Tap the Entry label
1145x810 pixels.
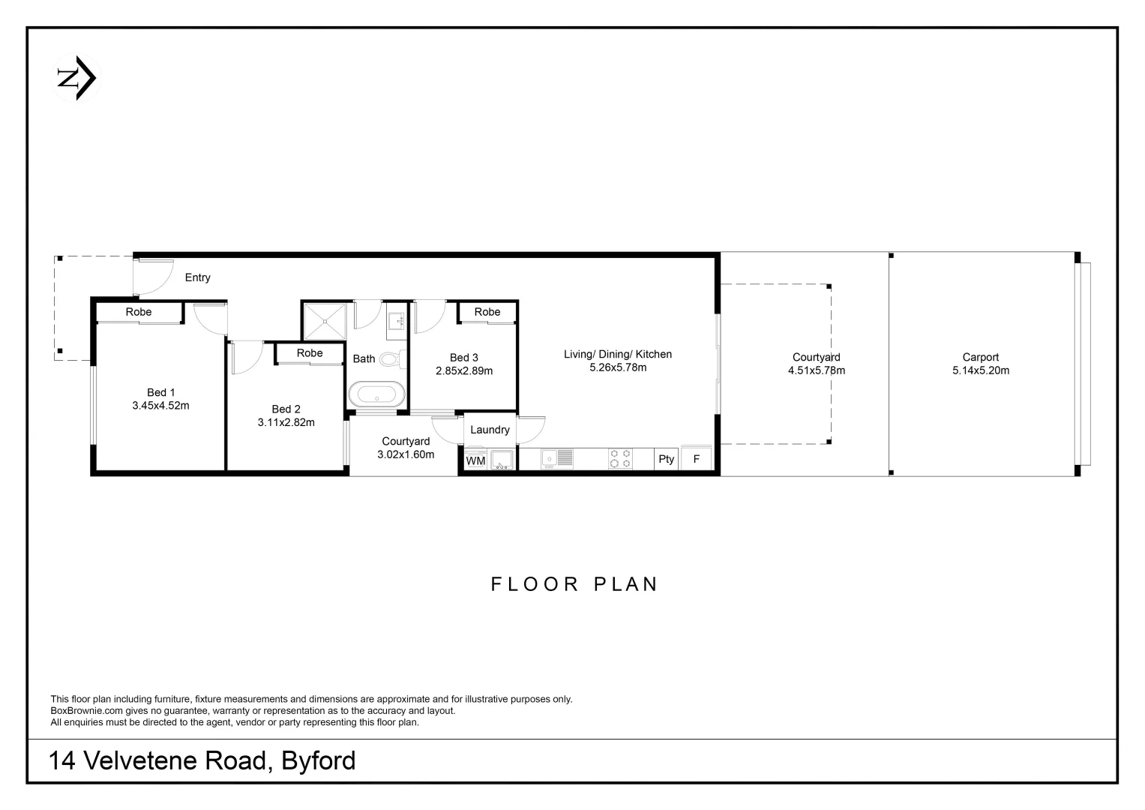point(197,277)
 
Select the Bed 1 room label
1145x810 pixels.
point(160,392)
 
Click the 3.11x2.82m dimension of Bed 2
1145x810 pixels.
point(286,422)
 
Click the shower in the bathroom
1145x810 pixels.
point(325,321)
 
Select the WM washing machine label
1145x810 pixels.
point(475,460)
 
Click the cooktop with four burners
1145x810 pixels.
point(620,458)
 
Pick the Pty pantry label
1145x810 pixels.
point(666,459)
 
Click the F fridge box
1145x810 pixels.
point(697,459)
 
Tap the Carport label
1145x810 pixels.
point(981,358)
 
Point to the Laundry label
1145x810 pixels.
point(490,430)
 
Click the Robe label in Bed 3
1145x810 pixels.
point(487,312)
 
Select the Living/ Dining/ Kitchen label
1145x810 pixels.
point(618,354)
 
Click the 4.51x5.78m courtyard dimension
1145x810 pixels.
point(817,370)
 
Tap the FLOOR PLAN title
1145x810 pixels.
point(574,584)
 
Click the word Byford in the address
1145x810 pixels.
point(318,761)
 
